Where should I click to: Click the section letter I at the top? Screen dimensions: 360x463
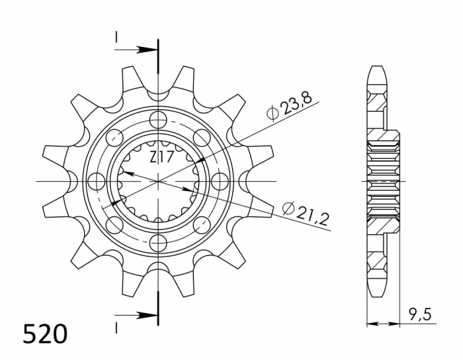[116, 38]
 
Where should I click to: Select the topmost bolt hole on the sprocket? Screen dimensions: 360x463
[159, 119]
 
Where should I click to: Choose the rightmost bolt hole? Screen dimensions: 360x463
[220, 181]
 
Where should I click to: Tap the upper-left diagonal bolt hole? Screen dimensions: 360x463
[115, 137]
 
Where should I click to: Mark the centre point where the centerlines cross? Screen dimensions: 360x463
[159, 181]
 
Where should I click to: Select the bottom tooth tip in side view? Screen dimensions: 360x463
[377, 292]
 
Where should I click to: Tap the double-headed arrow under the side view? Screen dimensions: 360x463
[384, 324]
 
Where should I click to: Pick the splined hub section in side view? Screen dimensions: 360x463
[384, 181]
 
